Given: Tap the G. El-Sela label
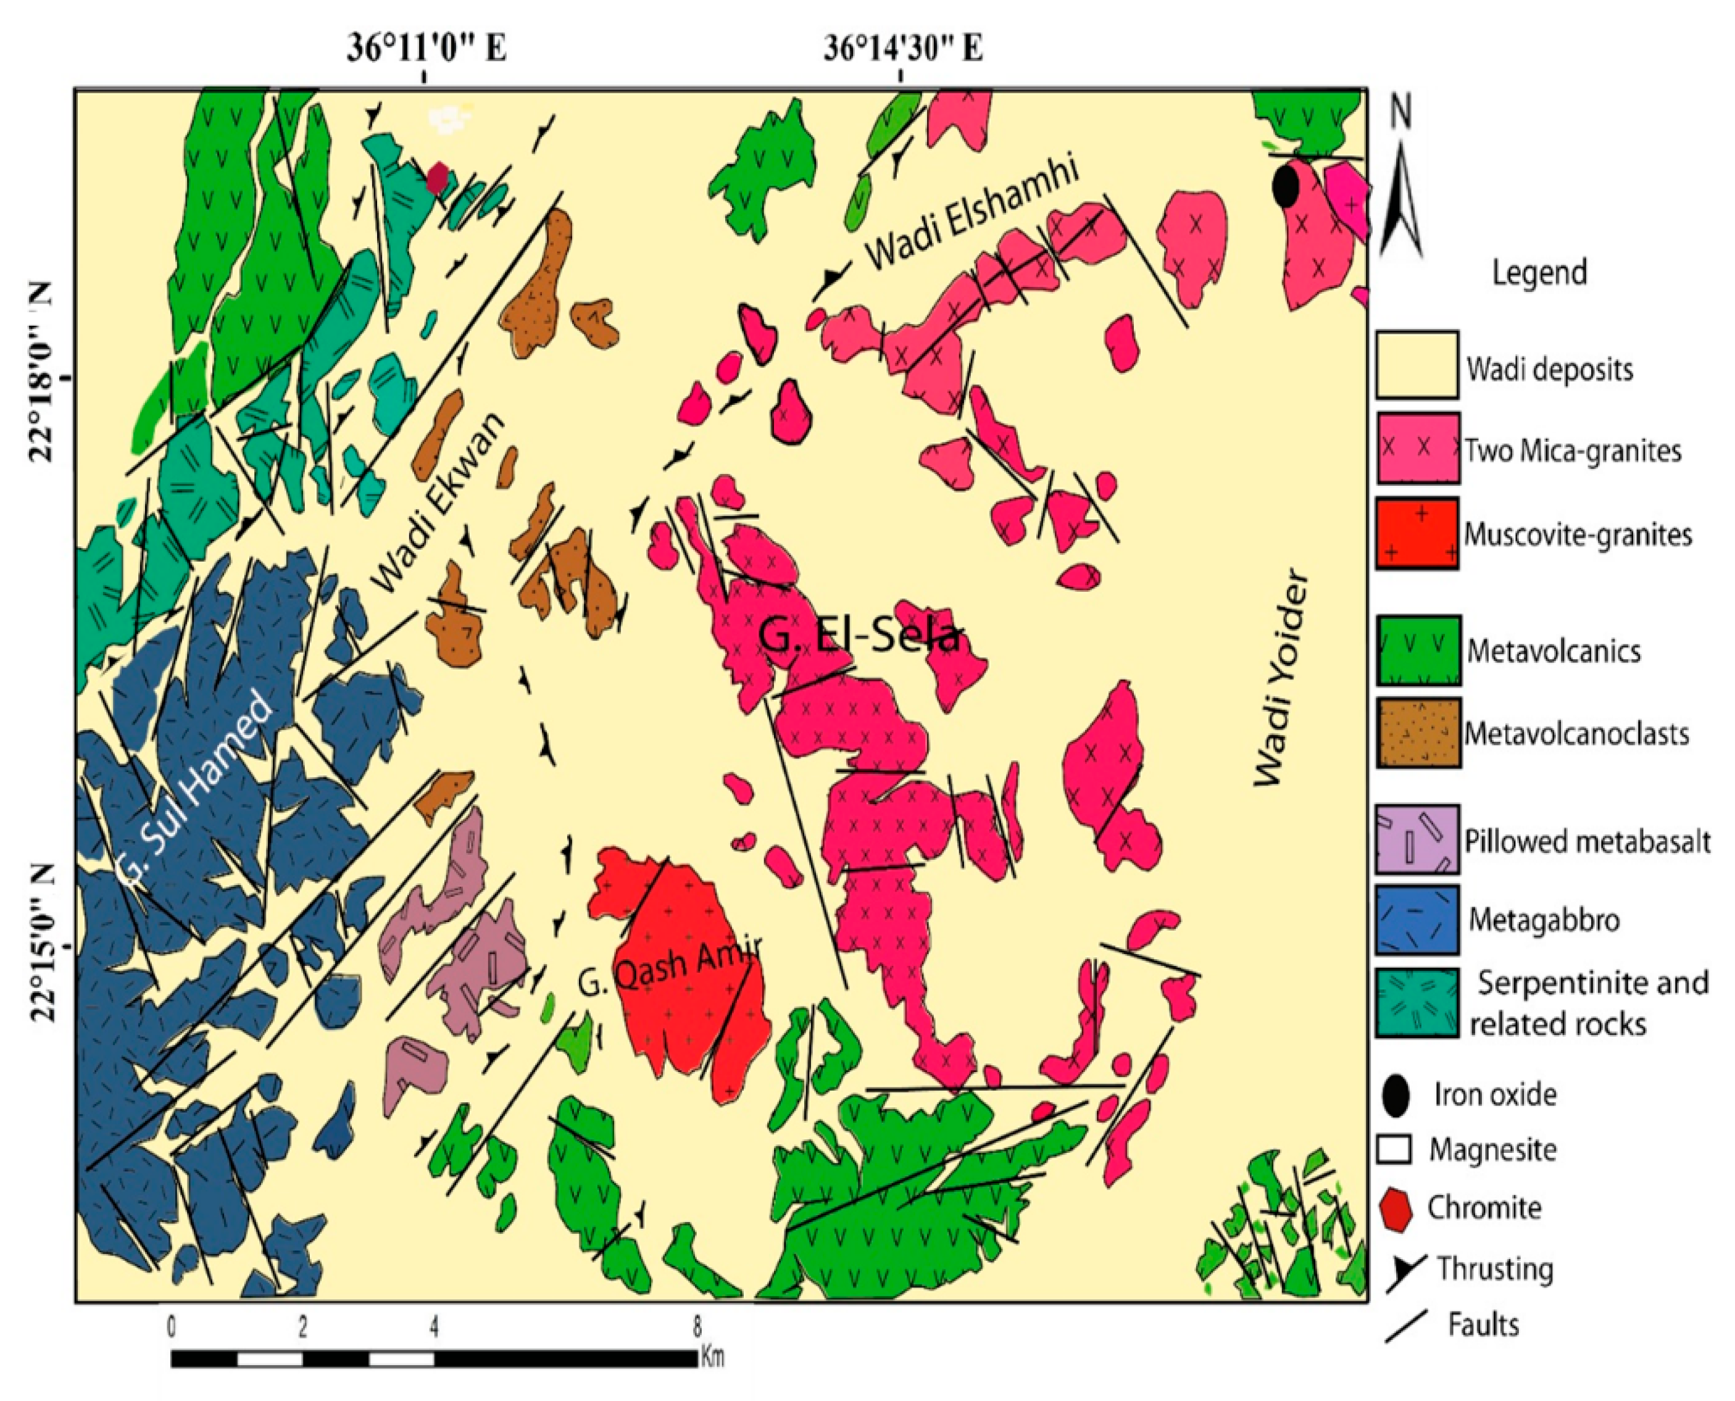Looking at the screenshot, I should [x=859, y=636].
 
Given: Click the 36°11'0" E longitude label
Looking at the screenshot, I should [x=426, y=48].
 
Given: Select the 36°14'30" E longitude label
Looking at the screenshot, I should [x=902, y=48].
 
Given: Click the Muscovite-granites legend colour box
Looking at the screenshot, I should [x=1417, y=533].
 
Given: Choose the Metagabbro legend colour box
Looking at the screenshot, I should [x=1417, y=919].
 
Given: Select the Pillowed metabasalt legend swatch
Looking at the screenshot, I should [x=1417, y=840].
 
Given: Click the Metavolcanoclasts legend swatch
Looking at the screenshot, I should [x=1417, y=733].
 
